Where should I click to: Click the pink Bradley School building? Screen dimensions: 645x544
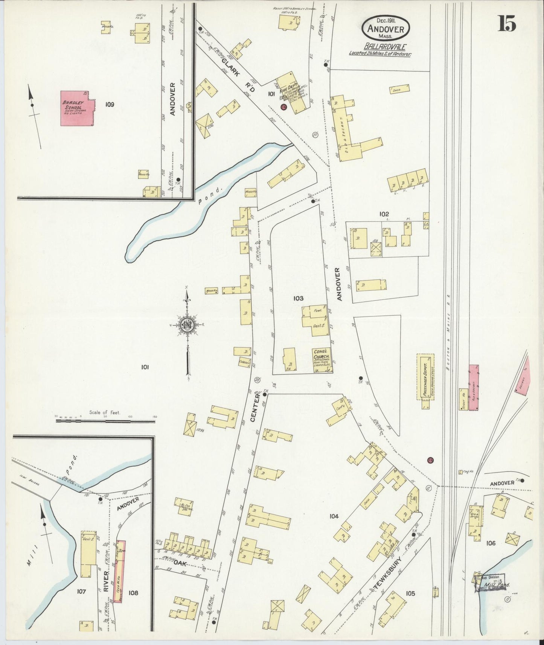pyautogui.click(x=77, y=108)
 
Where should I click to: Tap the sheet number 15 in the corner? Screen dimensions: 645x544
pyautogui.click(x=507, y=24)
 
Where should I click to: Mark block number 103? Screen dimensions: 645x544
pyautogui.click(x=298, y=298)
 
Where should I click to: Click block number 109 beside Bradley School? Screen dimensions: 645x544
pyautogui.click(x=110, y=104)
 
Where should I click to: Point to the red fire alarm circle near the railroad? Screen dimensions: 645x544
pyautogui.click(x=430, y=460)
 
